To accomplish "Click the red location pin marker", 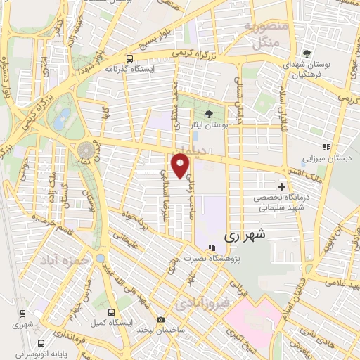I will tap(181, 165).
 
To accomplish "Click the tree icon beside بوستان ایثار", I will tap(209, 115).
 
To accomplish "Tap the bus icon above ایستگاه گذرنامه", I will tap(129, 59).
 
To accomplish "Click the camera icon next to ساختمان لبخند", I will tap(161, 320).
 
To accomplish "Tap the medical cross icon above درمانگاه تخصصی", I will tap(282, 187).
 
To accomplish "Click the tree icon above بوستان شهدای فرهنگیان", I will tap(306, 53).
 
